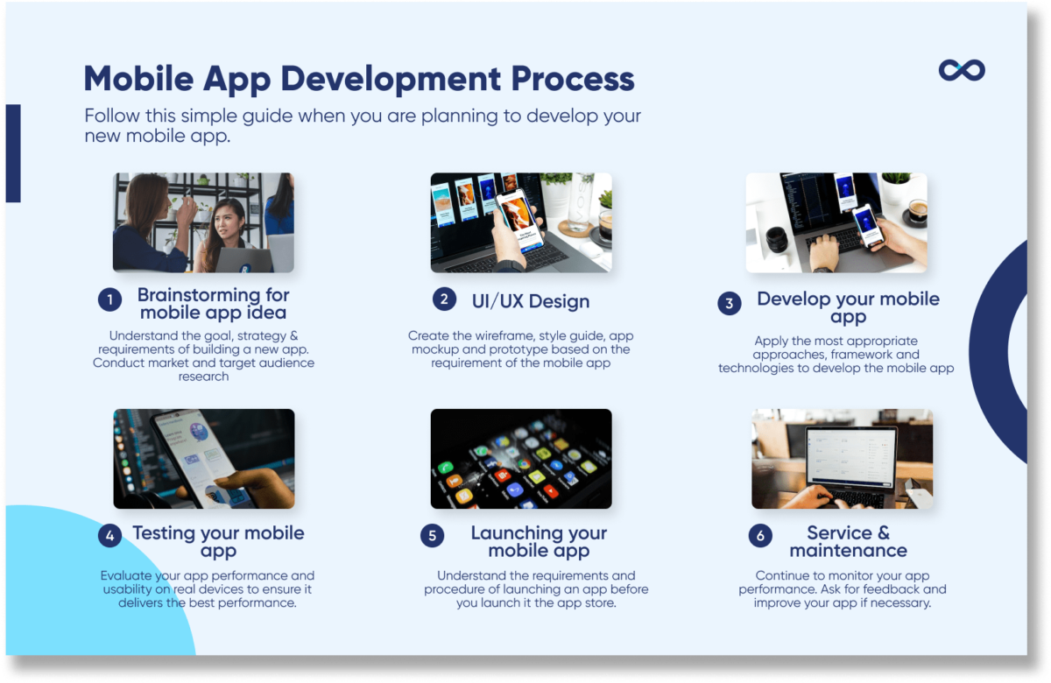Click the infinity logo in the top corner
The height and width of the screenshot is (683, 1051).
pos(961,70)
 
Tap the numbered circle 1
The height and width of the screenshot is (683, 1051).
pos(109,300)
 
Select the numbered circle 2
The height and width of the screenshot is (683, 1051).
pos(444,299)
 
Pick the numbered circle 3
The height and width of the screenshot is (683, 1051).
pos(729,304)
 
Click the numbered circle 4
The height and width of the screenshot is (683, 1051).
pos(109,536)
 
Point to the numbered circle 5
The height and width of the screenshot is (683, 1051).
pos(432,536)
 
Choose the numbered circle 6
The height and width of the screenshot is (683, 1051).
pos(760,536)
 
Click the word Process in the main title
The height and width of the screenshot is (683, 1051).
pos(561,79)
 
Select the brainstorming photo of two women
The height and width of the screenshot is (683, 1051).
pos(203,222)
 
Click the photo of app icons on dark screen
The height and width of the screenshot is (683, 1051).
pos(521,459)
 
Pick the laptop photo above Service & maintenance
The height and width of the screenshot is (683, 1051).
pos(842,459)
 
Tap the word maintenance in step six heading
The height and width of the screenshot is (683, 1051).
pos(848,551)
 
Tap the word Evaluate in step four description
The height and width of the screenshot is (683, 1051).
pos(129,576)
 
